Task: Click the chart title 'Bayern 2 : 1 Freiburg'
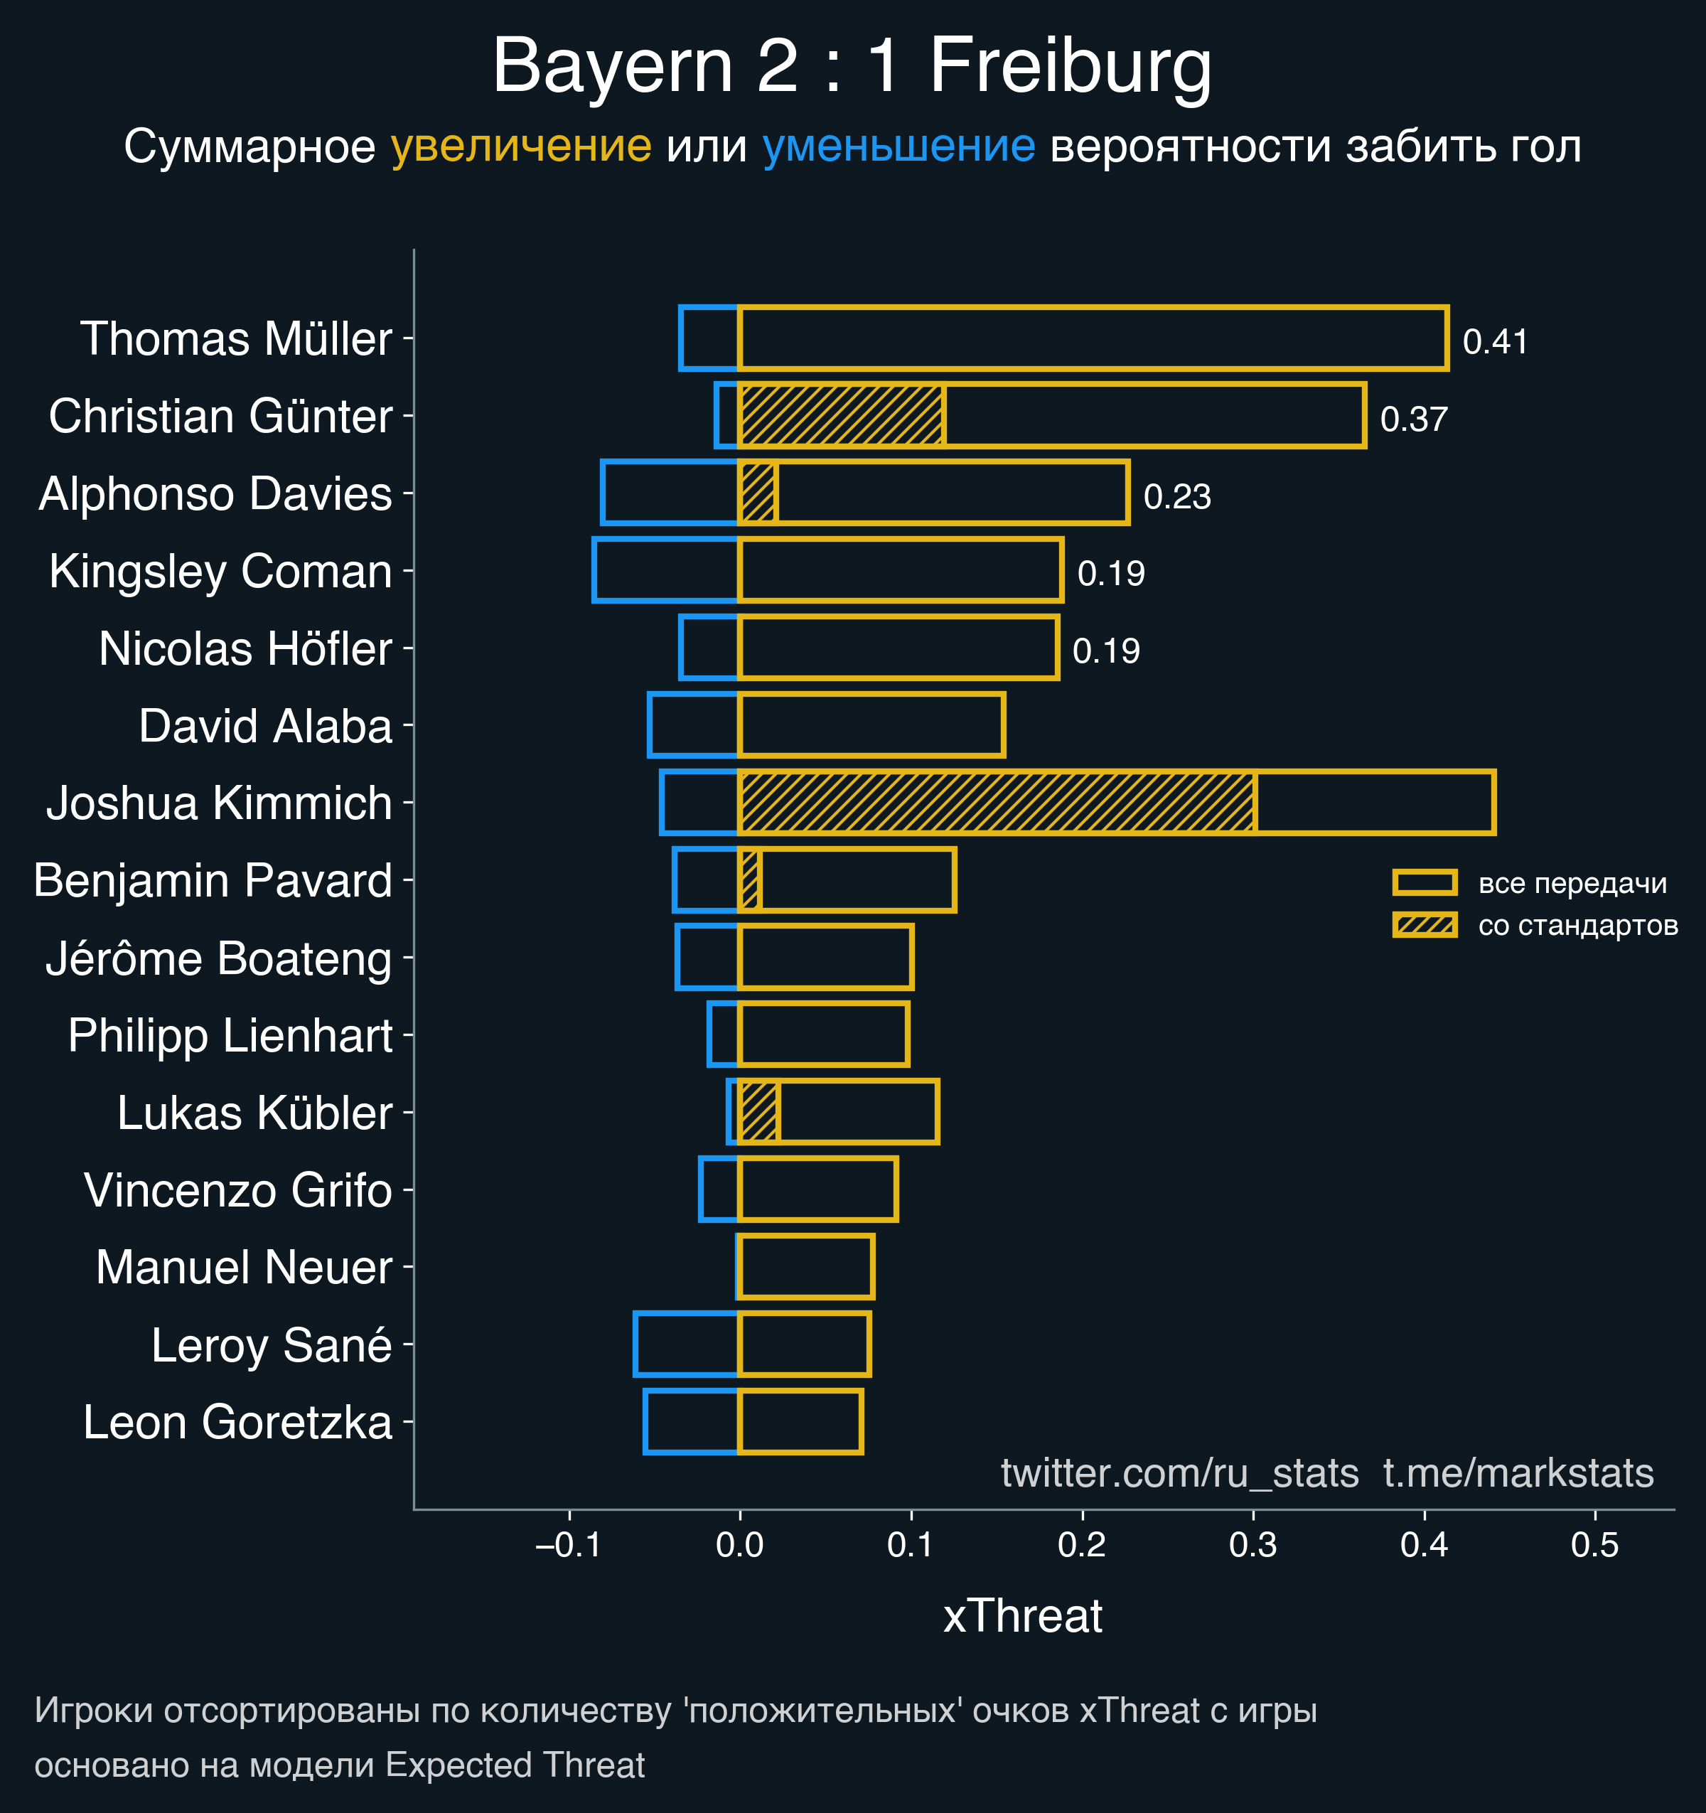(x=852, y=65)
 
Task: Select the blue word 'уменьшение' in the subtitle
(x=898, y=146)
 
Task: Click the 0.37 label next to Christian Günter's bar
(x=1413, y=419)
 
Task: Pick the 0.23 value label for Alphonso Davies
(x=1176, y=496)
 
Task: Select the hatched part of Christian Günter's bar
(x=841, y=416)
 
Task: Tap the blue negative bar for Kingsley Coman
(x=665, y=570)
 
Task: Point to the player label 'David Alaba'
(x=265, y=726)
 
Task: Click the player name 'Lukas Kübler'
(x=254, y=1113)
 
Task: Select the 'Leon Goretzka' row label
(x=237, y=1422)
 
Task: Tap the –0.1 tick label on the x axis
(x=568, y=1545)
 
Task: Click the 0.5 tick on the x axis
(x=1595, y=1545)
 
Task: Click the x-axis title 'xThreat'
(x=1022, y=1616)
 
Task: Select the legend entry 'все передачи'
(x=1572, y=883)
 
